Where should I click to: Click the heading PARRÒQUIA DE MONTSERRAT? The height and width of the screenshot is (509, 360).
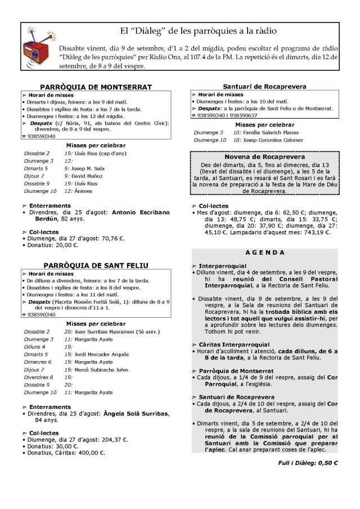click(96, 87)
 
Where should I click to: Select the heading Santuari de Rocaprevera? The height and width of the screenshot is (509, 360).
click(264, 87)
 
